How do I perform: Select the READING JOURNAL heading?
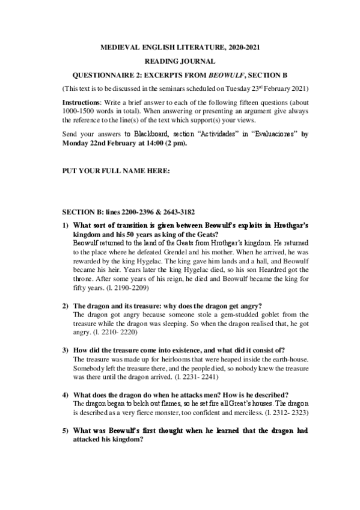[180, 61]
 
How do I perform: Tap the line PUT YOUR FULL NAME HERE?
[117, 171]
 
